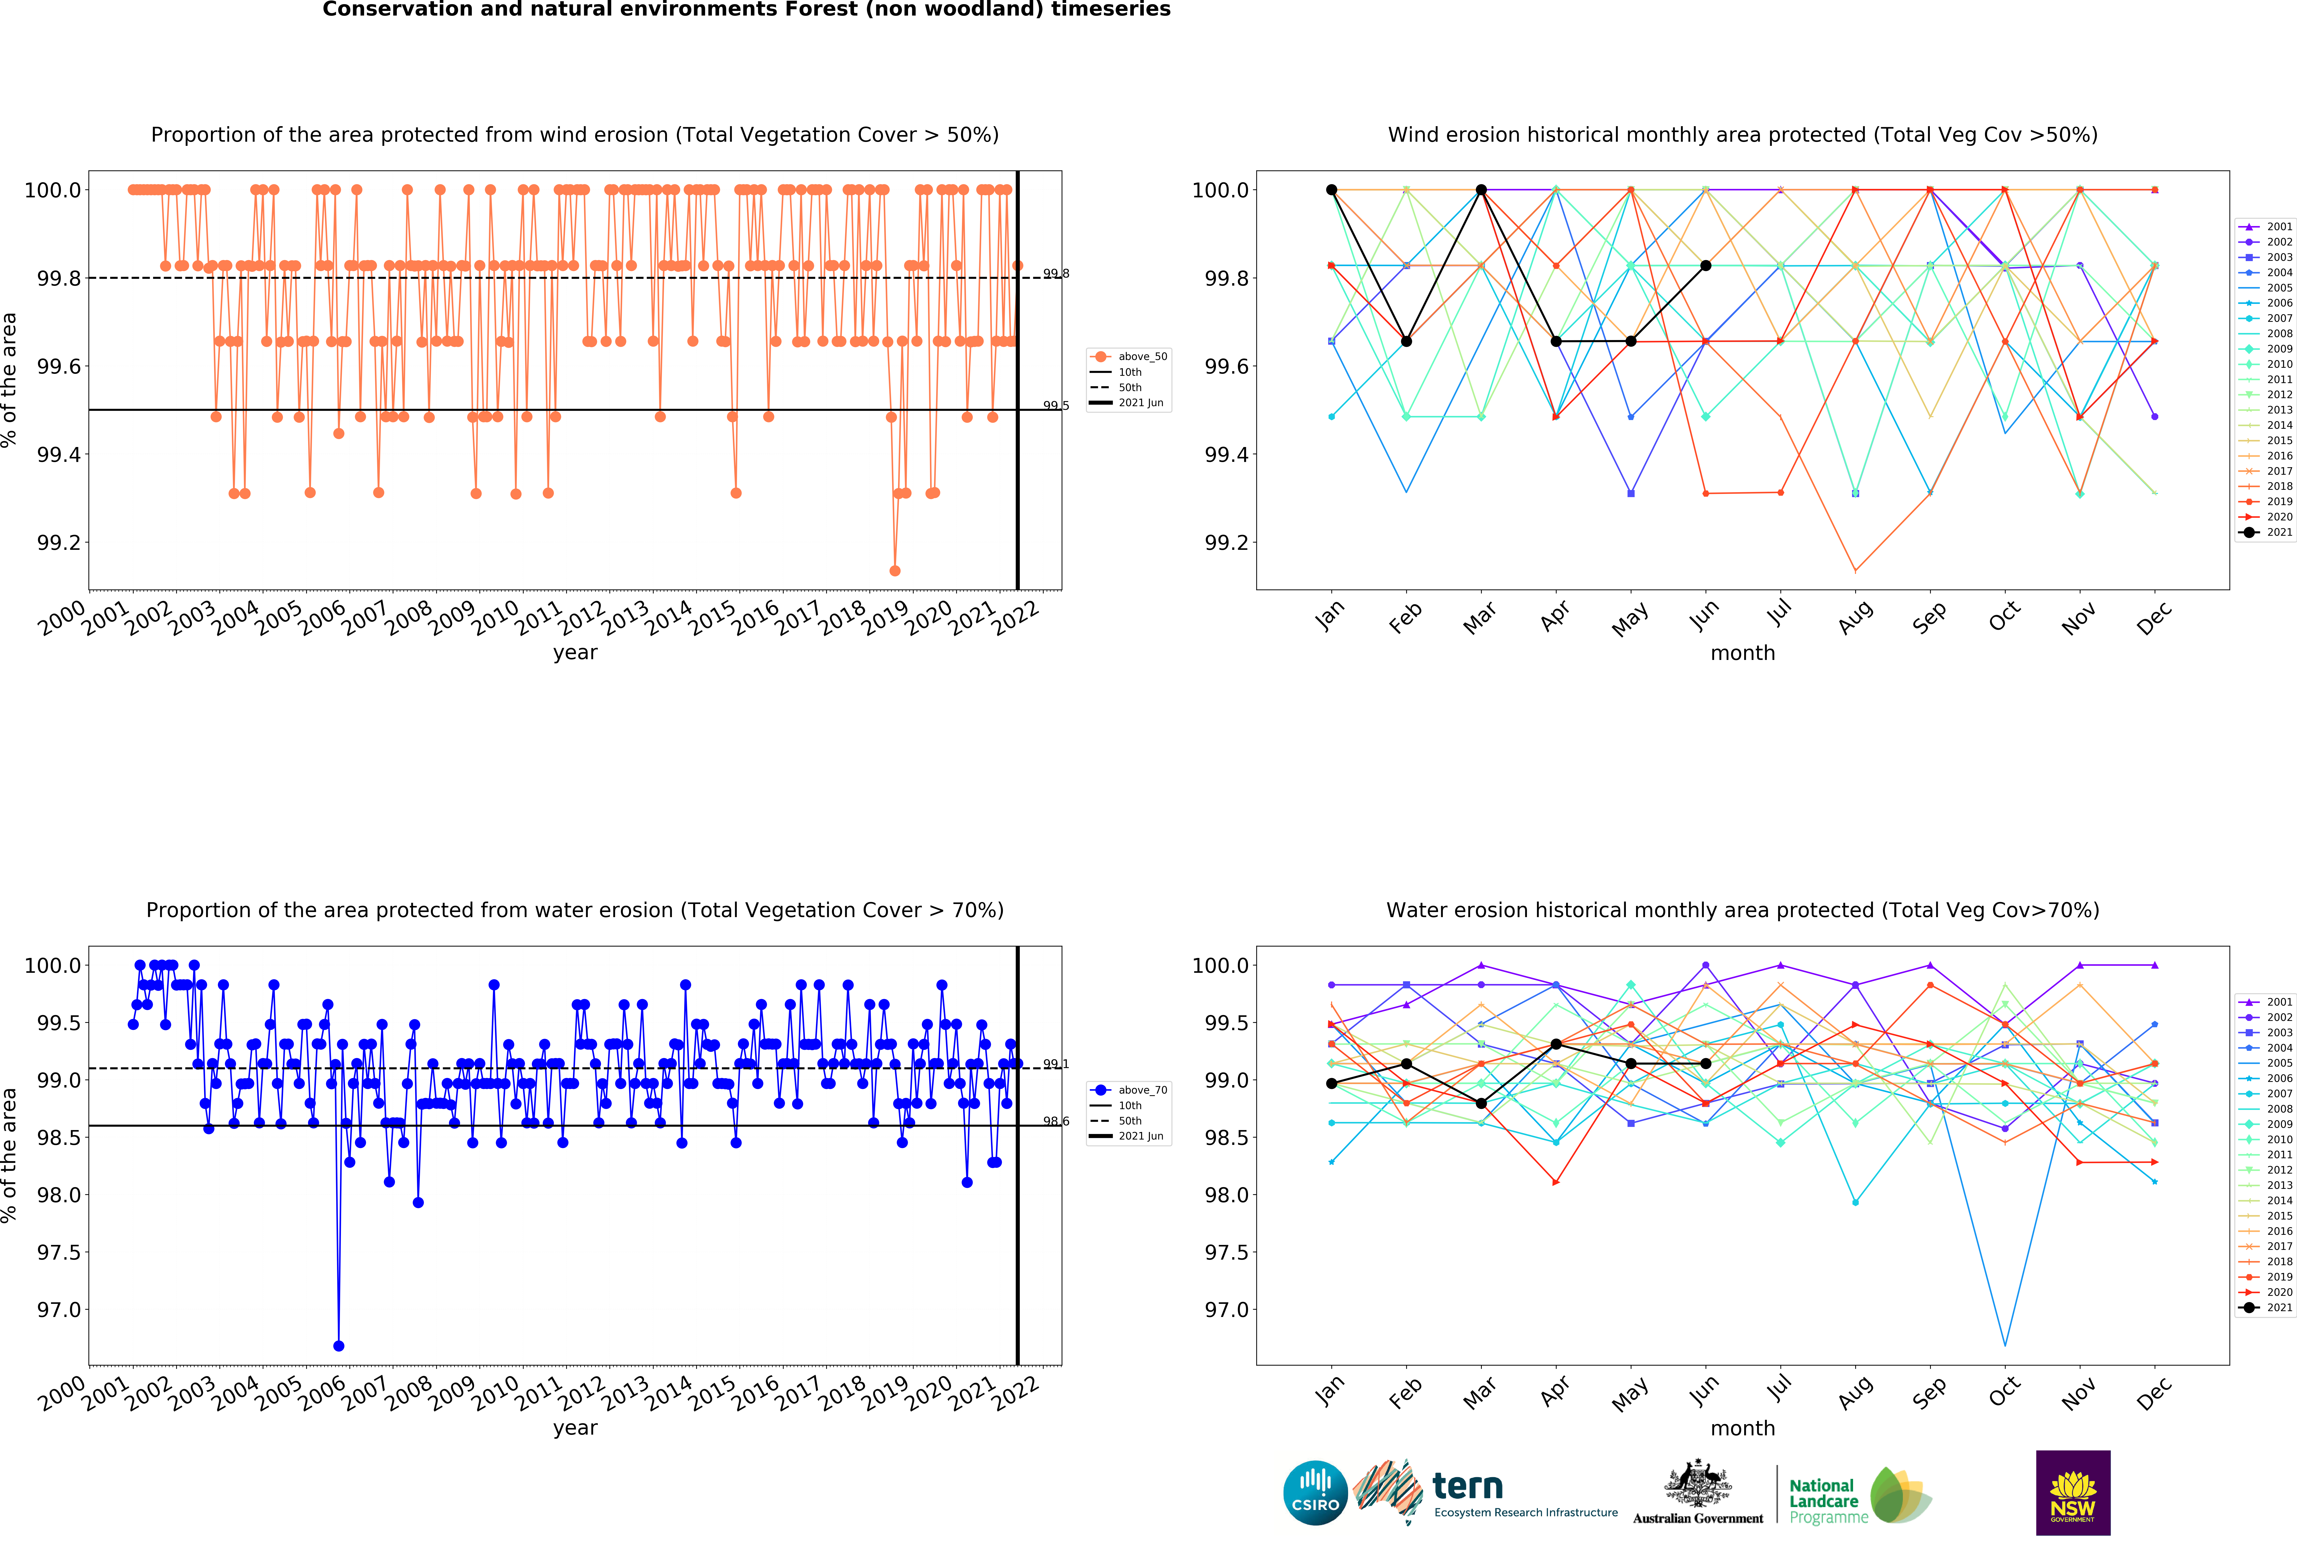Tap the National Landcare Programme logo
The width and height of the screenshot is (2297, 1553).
(1858, 1495)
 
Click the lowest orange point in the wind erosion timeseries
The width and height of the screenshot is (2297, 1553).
(894, 570)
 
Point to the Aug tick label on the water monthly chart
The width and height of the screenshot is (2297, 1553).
(1855, 1392)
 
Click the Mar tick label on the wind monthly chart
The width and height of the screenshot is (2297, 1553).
(1480, 618)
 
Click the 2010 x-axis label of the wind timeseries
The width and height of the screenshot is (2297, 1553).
(495, 618)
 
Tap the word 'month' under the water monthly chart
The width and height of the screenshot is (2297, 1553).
(1742, 1429)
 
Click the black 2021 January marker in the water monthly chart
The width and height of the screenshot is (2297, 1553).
(1331, 1083)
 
